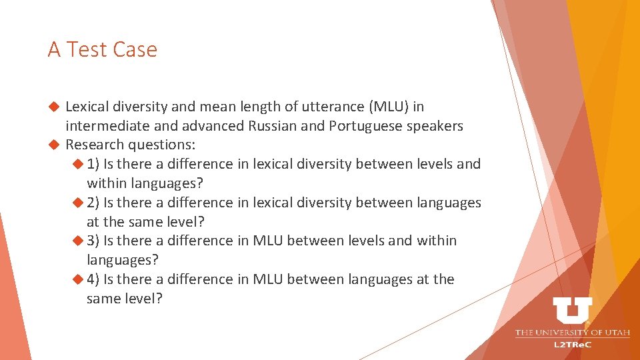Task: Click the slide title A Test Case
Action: [x=103, y=49]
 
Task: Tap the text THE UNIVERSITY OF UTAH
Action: [x=572, y=332]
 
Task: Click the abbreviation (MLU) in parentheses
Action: [x=385, y=107]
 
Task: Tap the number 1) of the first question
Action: [x=93, y=164]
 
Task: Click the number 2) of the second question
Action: [x=93, y=203]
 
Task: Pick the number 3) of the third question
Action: [x=93, y=241]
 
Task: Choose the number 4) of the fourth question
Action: [x=93, y=279]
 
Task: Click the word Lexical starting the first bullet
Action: [x=87, y=107]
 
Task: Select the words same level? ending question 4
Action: [x=125, y=299]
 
